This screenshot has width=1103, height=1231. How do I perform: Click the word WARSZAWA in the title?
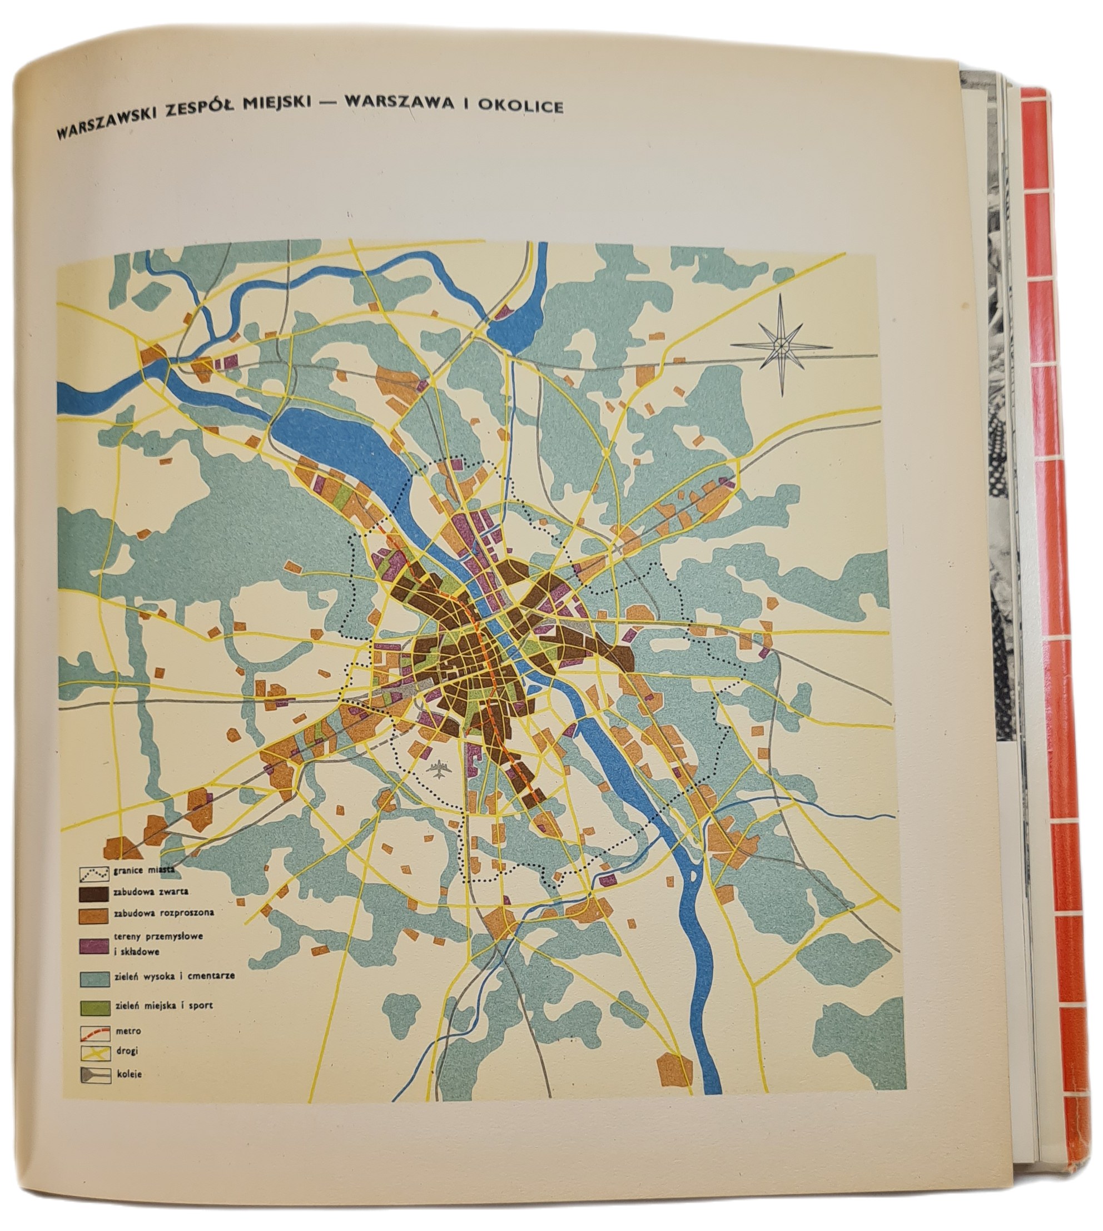point(399,103)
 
